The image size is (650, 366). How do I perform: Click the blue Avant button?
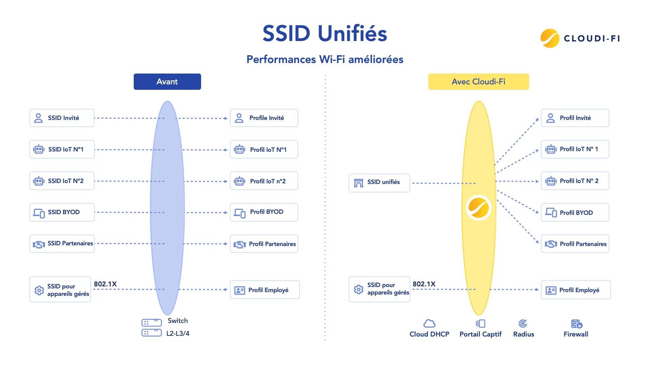click(x=167, y=82)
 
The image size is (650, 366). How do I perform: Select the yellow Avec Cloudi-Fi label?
click(x=478, y=82)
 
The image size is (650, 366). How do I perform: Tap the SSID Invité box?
click(x=62, y=118)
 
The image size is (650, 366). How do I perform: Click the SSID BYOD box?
click(x=62, y=212)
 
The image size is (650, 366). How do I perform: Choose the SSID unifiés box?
click(x=379, y=183)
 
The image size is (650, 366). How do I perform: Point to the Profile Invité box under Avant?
click(x=264, y=118)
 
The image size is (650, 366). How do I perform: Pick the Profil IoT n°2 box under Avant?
click(x=264, y=181)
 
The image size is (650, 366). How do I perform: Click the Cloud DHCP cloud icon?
click(x=429, y=324)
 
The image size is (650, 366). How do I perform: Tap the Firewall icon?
click(x=577, y=324)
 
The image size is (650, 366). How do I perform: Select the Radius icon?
click(x=523, y=324)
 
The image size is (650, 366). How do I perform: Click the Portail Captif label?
click(x=480, y=334)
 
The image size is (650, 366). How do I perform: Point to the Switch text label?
click(x=178, y=321)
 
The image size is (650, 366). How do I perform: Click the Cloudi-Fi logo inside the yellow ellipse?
click(x=478, y=208)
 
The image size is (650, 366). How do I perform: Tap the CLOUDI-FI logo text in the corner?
click(x=592, y=38)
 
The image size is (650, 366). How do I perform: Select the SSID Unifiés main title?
click(x=325, y=34)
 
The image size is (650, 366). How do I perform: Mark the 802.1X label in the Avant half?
click(x=105, y=284)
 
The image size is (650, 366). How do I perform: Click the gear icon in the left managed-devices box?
click(x=39, y=290)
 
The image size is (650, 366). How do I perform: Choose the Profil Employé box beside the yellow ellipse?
click(x=576, y=290)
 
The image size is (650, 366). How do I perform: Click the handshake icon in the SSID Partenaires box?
click(x=39, y=244)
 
